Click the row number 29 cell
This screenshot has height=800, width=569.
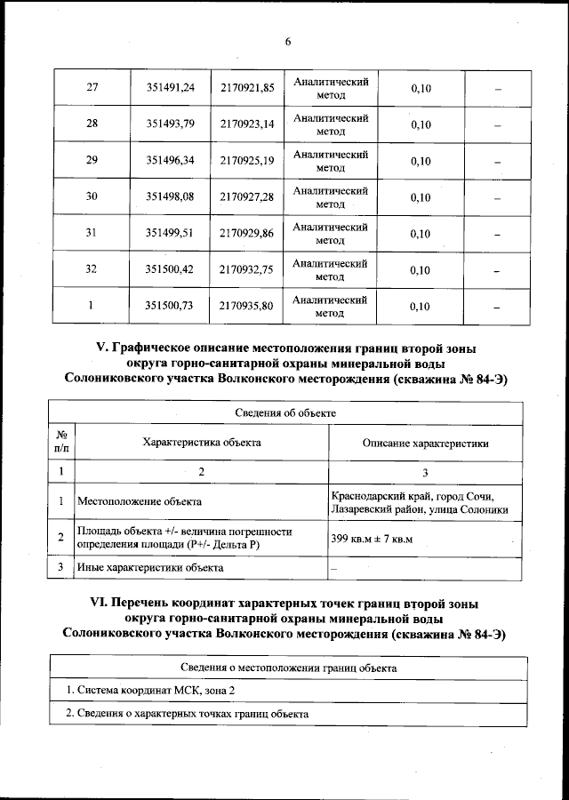click(x=92, y=161)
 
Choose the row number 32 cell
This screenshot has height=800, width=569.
click(x=92, y=270)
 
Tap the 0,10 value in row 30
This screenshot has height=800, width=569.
click(x=421, y=197)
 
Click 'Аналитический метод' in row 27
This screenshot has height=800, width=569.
click(x=330, y=87)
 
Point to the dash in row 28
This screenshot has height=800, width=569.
click(x=498, y=125)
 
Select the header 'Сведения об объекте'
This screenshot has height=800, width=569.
click(x=285, y=413)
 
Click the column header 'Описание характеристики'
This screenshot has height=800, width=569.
click(x=425, y=443)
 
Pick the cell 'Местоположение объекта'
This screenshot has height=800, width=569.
click(x=139, y=502)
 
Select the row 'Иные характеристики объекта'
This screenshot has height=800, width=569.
click(x=150, y=567)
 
